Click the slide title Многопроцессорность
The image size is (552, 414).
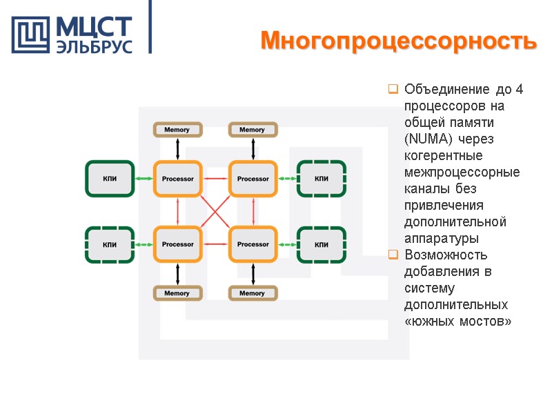tap(398, 41)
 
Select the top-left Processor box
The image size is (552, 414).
tap(177, 179)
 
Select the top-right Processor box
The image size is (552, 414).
tap(253, 179)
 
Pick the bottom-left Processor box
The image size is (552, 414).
tap(177, 244)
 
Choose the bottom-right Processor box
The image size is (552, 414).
tap(253, 244)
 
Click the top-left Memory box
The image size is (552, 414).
tap(177, 130)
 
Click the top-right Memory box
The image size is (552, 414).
tap(253, 130)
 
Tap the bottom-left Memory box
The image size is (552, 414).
tap(177, 293)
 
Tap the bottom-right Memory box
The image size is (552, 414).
tap(253, 293)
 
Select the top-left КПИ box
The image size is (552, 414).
tap(109, 179)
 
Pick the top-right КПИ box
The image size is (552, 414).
tap(322, 179)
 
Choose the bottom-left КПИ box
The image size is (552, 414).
tap(109, 244)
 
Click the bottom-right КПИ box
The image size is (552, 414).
tap(322, 244)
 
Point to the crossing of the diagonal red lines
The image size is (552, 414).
tap(215, 212)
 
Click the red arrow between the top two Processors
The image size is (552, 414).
tap(215, 179)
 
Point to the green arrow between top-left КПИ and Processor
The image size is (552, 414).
tap(144, 179)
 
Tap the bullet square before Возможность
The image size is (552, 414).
tap(393, 255)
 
